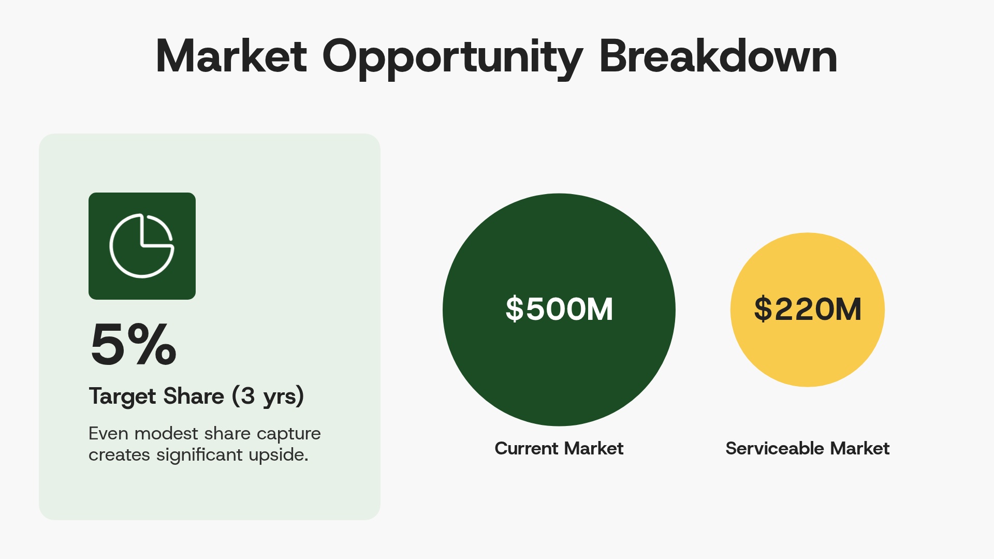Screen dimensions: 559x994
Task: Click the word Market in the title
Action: point(231,56)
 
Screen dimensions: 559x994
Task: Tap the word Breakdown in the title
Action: point(718,56)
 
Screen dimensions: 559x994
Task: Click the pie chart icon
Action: point(142,246)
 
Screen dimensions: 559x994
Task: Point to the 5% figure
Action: point(134,344)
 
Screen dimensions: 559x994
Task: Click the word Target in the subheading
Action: point(122,396)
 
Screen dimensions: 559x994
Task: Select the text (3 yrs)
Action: point(268,396)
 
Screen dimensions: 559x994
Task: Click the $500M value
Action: point(559,309)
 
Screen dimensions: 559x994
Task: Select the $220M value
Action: point(808,309)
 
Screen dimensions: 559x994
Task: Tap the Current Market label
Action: point(559,448)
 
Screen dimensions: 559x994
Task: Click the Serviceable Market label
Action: point(808,448)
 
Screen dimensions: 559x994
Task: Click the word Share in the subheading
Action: point(194,396)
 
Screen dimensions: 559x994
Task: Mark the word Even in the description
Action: point(107,433)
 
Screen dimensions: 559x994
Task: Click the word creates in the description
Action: point(119,455)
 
